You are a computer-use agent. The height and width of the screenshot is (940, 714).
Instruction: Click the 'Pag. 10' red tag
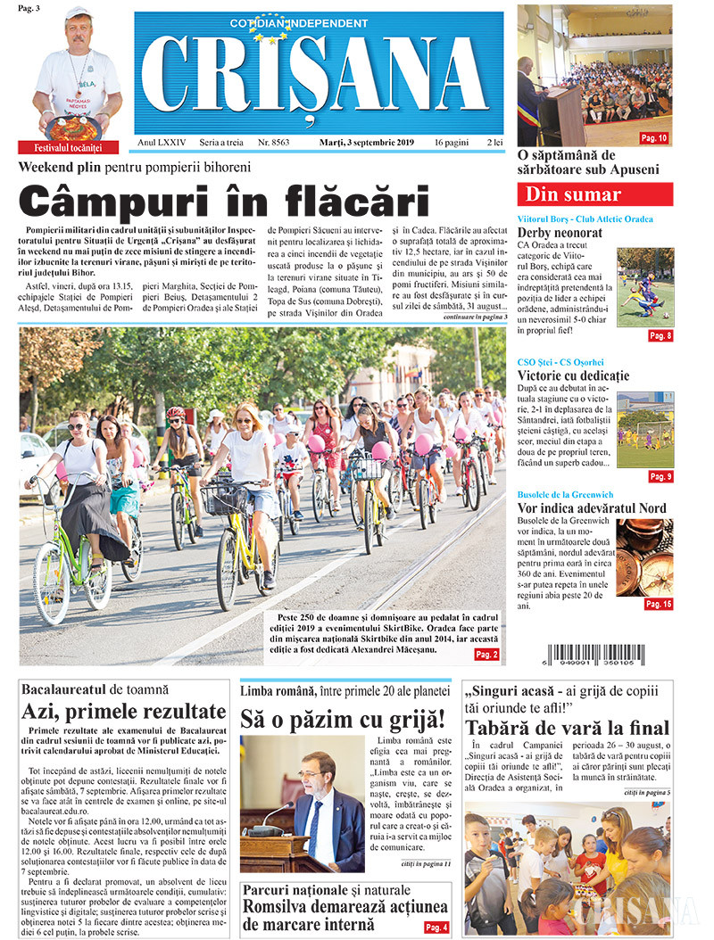[x=654, y=138]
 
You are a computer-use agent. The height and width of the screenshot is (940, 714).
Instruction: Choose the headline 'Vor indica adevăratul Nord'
[x=591, y=508]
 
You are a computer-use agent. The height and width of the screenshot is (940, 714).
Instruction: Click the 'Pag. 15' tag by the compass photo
[x=658, y=604]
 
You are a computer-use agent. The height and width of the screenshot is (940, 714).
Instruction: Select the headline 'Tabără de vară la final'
[x=566, y=727]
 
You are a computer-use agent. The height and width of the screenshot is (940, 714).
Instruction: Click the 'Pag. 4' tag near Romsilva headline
[x=436, y=928]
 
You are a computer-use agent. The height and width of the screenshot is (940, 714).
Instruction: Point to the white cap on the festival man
[x=79, y=12]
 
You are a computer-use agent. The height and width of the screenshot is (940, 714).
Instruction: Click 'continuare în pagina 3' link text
[x=475, y=317]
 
